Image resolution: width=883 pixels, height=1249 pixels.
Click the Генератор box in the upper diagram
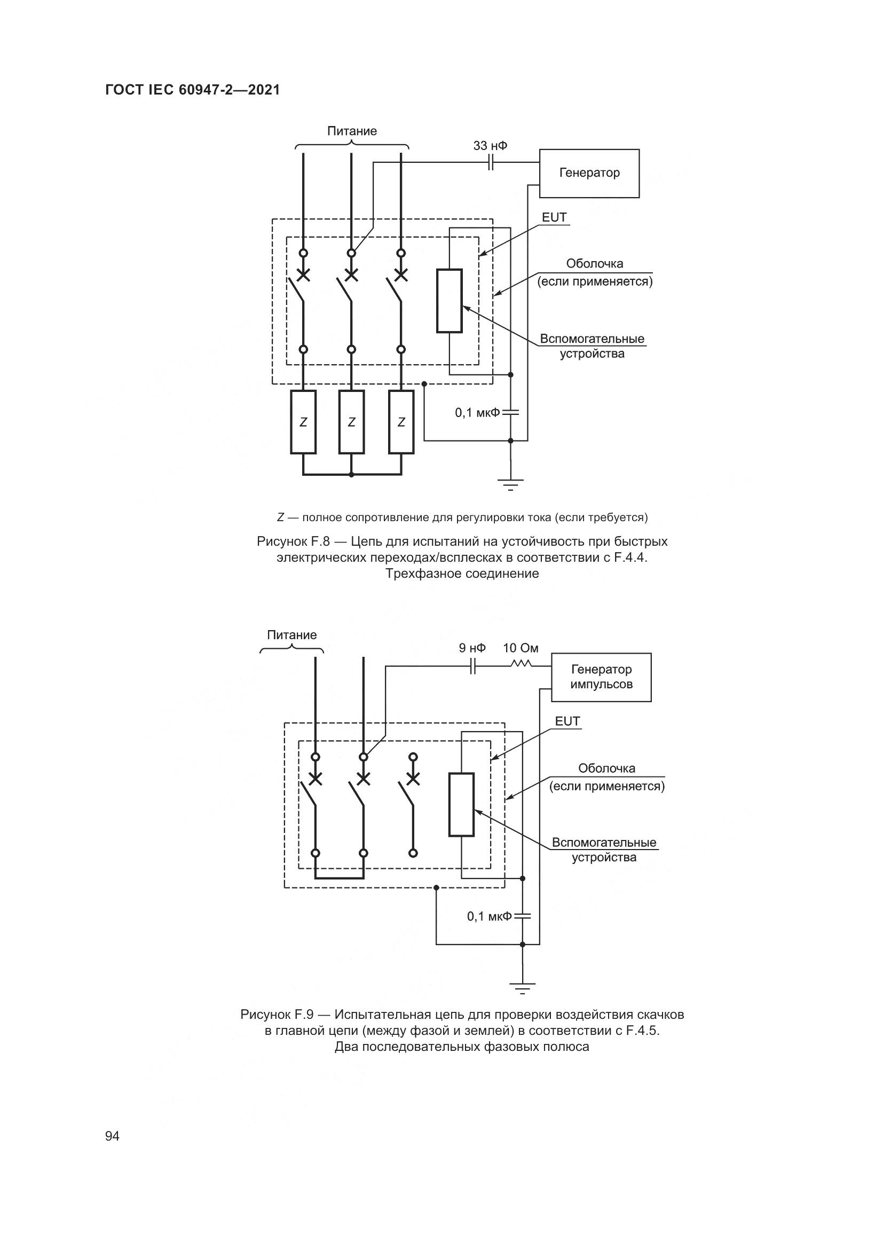click(589, 173)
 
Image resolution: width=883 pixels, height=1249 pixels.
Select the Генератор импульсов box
click(601, 677)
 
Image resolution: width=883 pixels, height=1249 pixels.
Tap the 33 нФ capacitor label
click(490, 146)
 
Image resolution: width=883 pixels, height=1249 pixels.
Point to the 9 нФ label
click(472, 648)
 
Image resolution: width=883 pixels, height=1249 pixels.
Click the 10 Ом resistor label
click(521, 648)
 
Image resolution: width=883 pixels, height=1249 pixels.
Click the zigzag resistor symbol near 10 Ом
click(521, 664)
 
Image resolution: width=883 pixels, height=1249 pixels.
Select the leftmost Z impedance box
click(303, 422)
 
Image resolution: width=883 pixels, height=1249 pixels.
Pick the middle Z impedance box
click(351, 422)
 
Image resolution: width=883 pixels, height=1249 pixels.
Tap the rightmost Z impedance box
click(401, 422)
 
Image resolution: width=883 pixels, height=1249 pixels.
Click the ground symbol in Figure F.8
click(510, 484)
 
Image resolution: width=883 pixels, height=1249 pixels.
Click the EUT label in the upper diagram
click(554, 217)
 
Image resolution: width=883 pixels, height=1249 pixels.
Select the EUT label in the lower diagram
click(567, 721)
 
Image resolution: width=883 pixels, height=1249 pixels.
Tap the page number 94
click(112, 1136)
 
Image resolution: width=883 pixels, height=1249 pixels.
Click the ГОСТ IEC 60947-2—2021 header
click(193, 90)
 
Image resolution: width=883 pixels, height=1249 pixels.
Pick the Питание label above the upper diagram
click(351, 131)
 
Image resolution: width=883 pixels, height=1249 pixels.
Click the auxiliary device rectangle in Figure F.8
click(449, 300)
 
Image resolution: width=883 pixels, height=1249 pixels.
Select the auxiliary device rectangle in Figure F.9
click(461, 804)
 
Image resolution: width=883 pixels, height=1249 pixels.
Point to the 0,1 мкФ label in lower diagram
click(489, 916)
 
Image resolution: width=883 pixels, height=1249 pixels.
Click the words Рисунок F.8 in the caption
click(293, 541)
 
